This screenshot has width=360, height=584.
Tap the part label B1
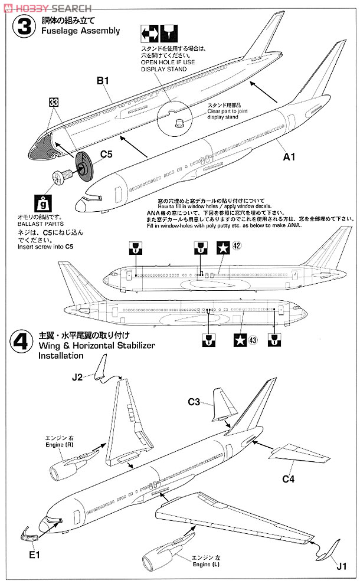point(104,82)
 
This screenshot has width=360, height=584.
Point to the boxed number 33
point(54,101)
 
